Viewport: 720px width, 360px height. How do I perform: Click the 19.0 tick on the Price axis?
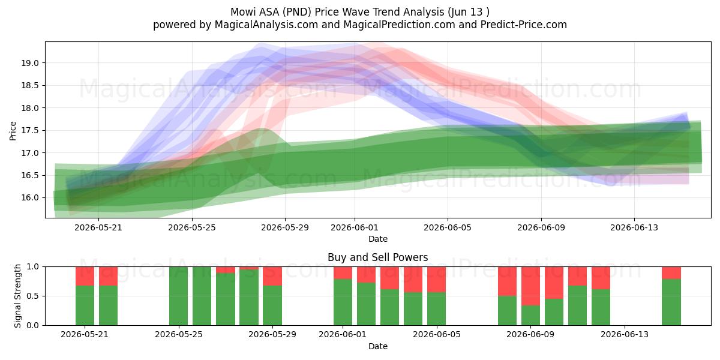(x=30, y=63)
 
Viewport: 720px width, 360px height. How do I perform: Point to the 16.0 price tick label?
(x=30, y=197)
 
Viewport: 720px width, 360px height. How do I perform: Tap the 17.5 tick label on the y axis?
(x=30, y=131)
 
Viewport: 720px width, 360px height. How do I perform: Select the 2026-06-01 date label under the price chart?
(x=355, y=227)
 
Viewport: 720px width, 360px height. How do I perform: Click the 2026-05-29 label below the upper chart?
(x=285, y=227)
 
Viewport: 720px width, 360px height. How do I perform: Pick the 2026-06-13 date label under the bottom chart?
(x=625, y=334)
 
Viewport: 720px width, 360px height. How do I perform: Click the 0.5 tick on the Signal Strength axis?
(x=32, y=296)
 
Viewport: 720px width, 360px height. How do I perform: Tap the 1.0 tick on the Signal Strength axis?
(x=32, y=267)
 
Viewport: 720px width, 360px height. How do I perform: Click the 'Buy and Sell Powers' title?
(x=377, y=257)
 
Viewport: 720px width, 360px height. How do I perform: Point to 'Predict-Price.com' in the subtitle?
(x=524, y=25)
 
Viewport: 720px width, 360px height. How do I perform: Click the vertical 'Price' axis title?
(x=13, y=131)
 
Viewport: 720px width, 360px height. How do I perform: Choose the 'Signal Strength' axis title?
(x=17, y=296)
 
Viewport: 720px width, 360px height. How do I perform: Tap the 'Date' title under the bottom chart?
(x=377, y=346)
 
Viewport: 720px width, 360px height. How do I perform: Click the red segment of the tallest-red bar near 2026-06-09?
(x=530, y=286)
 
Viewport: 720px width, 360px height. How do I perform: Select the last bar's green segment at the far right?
(x=671, y=302)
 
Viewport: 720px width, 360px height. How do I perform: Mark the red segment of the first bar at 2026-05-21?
(x=85, y=276)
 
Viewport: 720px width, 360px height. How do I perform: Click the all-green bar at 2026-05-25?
(x=178, y=296)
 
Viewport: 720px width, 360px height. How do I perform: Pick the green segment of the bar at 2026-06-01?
(x=343, y=302)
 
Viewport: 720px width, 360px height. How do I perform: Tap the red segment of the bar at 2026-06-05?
(x=437, y=280)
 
